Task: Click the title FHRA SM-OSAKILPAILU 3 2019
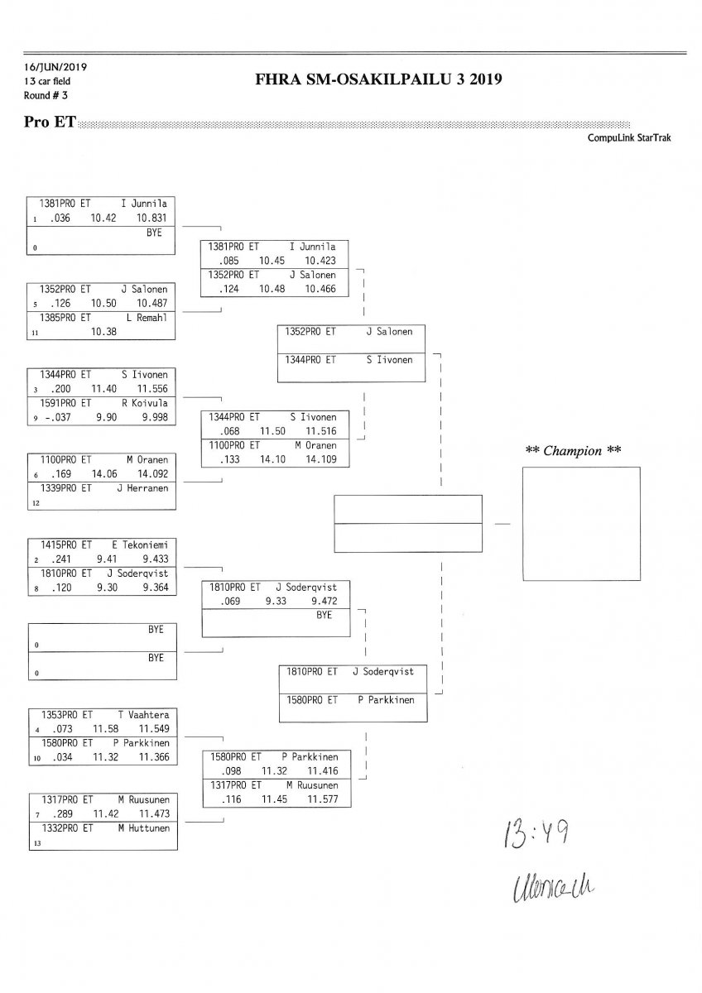point(382,79)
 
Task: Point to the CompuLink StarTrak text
point(629,138)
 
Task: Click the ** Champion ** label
point(574,451)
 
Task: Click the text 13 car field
point(47,81)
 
